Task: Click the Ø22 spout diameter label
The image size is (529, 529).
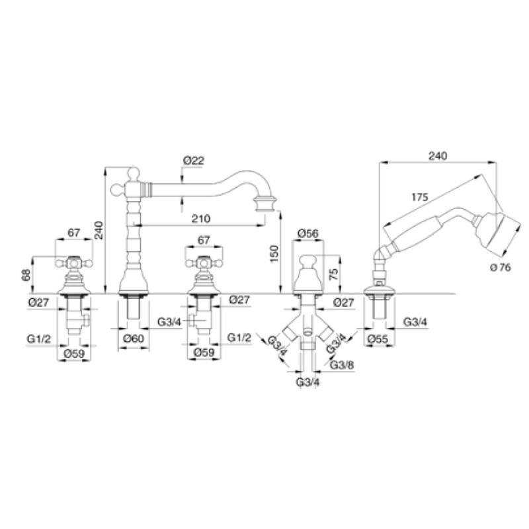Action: pos(194,161)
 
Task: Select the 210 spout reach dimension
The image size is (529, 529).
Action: pos(201,219)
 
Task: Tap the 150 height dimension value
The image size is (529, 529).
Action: pos(274,254)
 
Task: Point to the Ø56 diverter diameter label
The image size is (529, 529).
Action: pos(308,233)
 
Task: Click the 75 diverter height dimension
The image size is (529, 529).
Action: pos(333,274)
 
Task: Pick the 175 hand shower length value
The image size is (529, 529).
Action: pos(420,197)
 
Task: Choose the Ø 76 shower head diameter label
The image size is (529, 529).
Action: pos(501,268)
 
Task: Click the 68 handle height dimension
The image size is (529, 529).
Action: pos(26,275)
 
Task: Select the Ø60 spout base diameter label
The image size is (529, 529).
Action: pos(134,339)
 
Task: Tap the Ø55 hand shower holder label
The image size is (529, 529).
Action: pos(378,339)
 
